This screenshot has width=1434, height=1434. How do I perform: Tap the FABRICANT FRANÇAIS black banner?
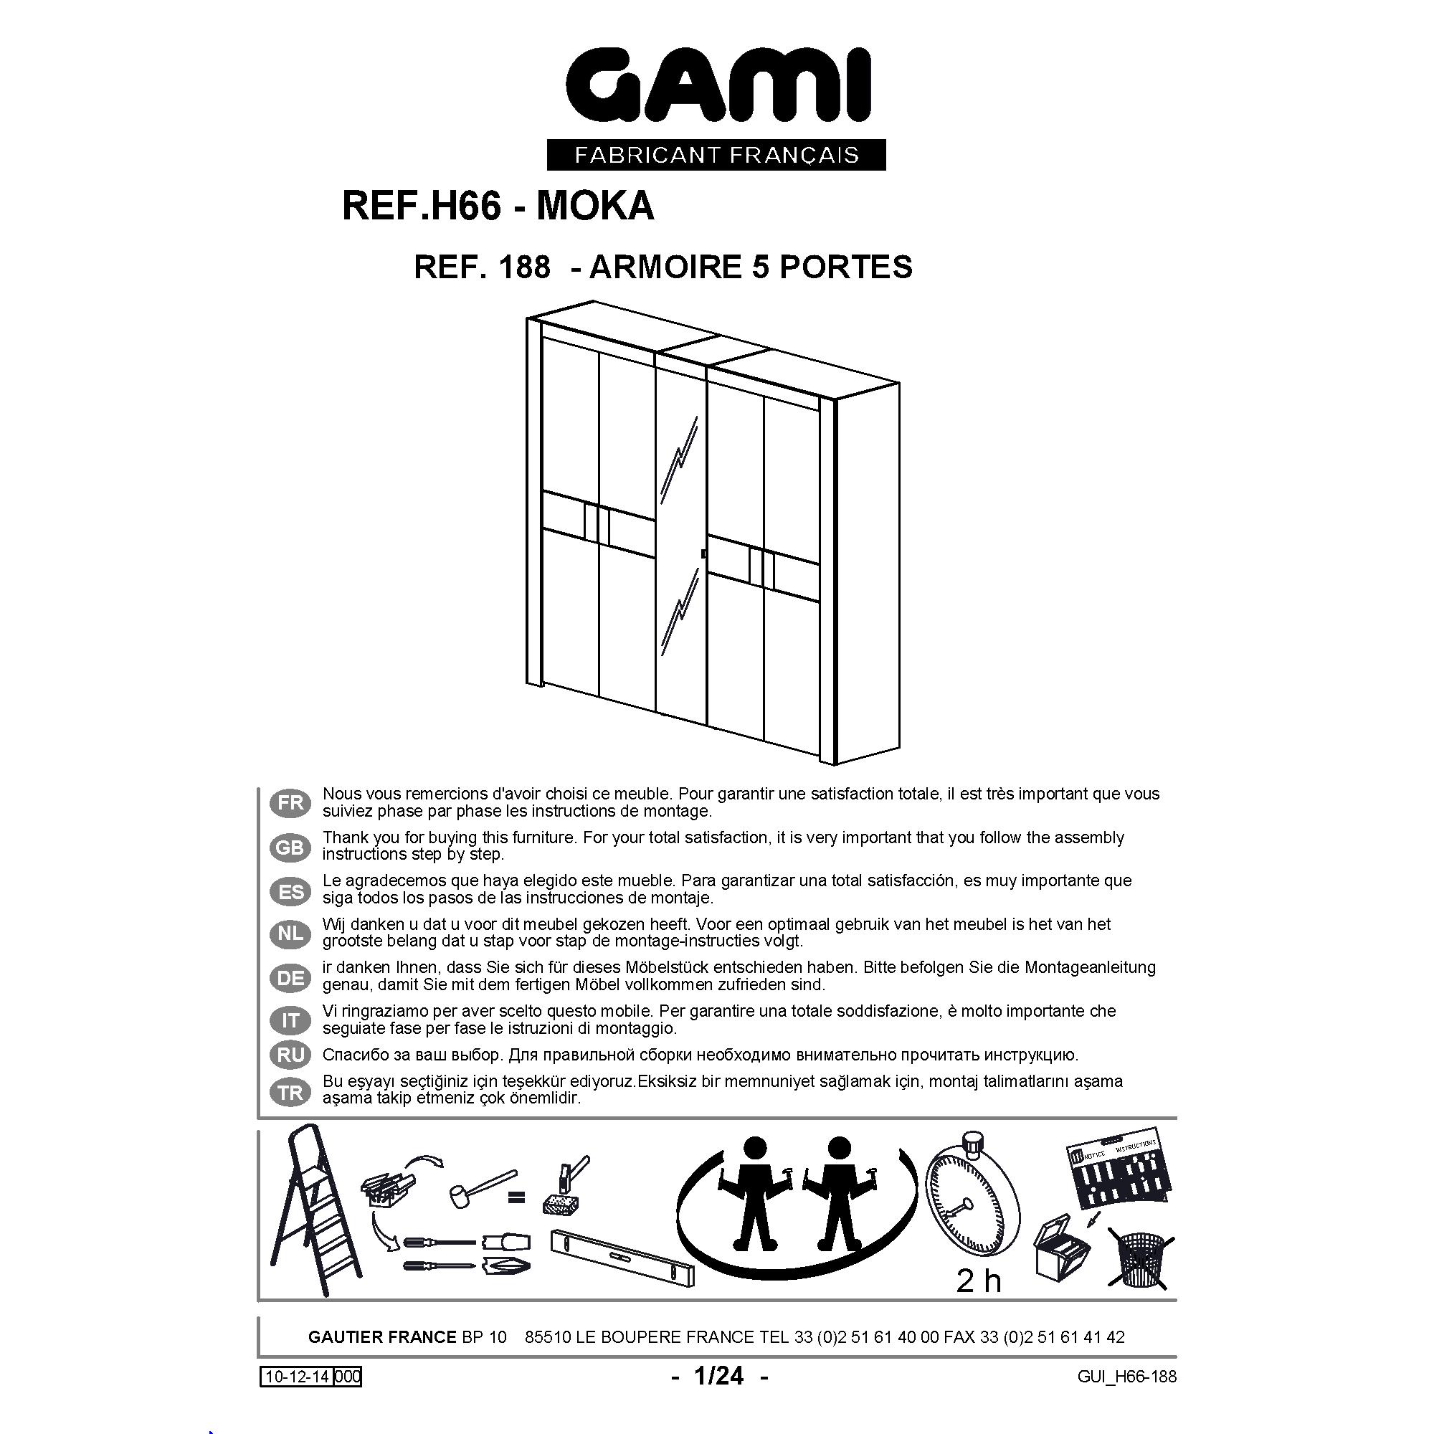[716, 155]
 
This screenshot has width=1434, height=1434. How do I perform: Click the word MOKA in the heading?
[594, 206]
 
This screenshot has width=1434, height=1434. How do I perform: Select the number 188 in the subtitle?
[525, 267]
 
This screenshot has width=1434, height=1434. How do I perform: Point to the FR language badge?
[290, 802]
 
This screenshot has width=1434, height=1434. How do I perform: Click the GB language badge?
[290, 847]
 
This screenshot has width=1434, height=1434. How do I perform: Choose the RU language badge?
[290, 1055]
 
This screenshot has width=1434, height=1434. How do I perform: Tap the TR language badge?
[290, 1093]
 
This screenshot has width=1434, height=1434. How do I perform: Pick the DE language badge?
[290, 978]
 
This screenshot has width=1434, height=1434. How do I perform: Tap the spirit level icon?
[624, 1258]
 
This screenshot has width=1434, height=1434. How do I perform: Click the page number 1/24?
[718, 1375]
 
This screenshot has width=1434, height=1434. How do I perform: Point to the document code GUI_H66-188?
[1127, 1376]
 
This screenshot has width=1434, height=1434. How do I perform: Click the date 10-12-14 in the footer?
[297, 1377]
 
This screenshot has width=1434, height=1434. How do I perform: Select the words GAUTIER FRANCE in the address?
[382, 1336]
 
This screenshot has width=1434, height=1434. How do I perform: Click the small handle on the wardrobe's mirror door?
[703, 553]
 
